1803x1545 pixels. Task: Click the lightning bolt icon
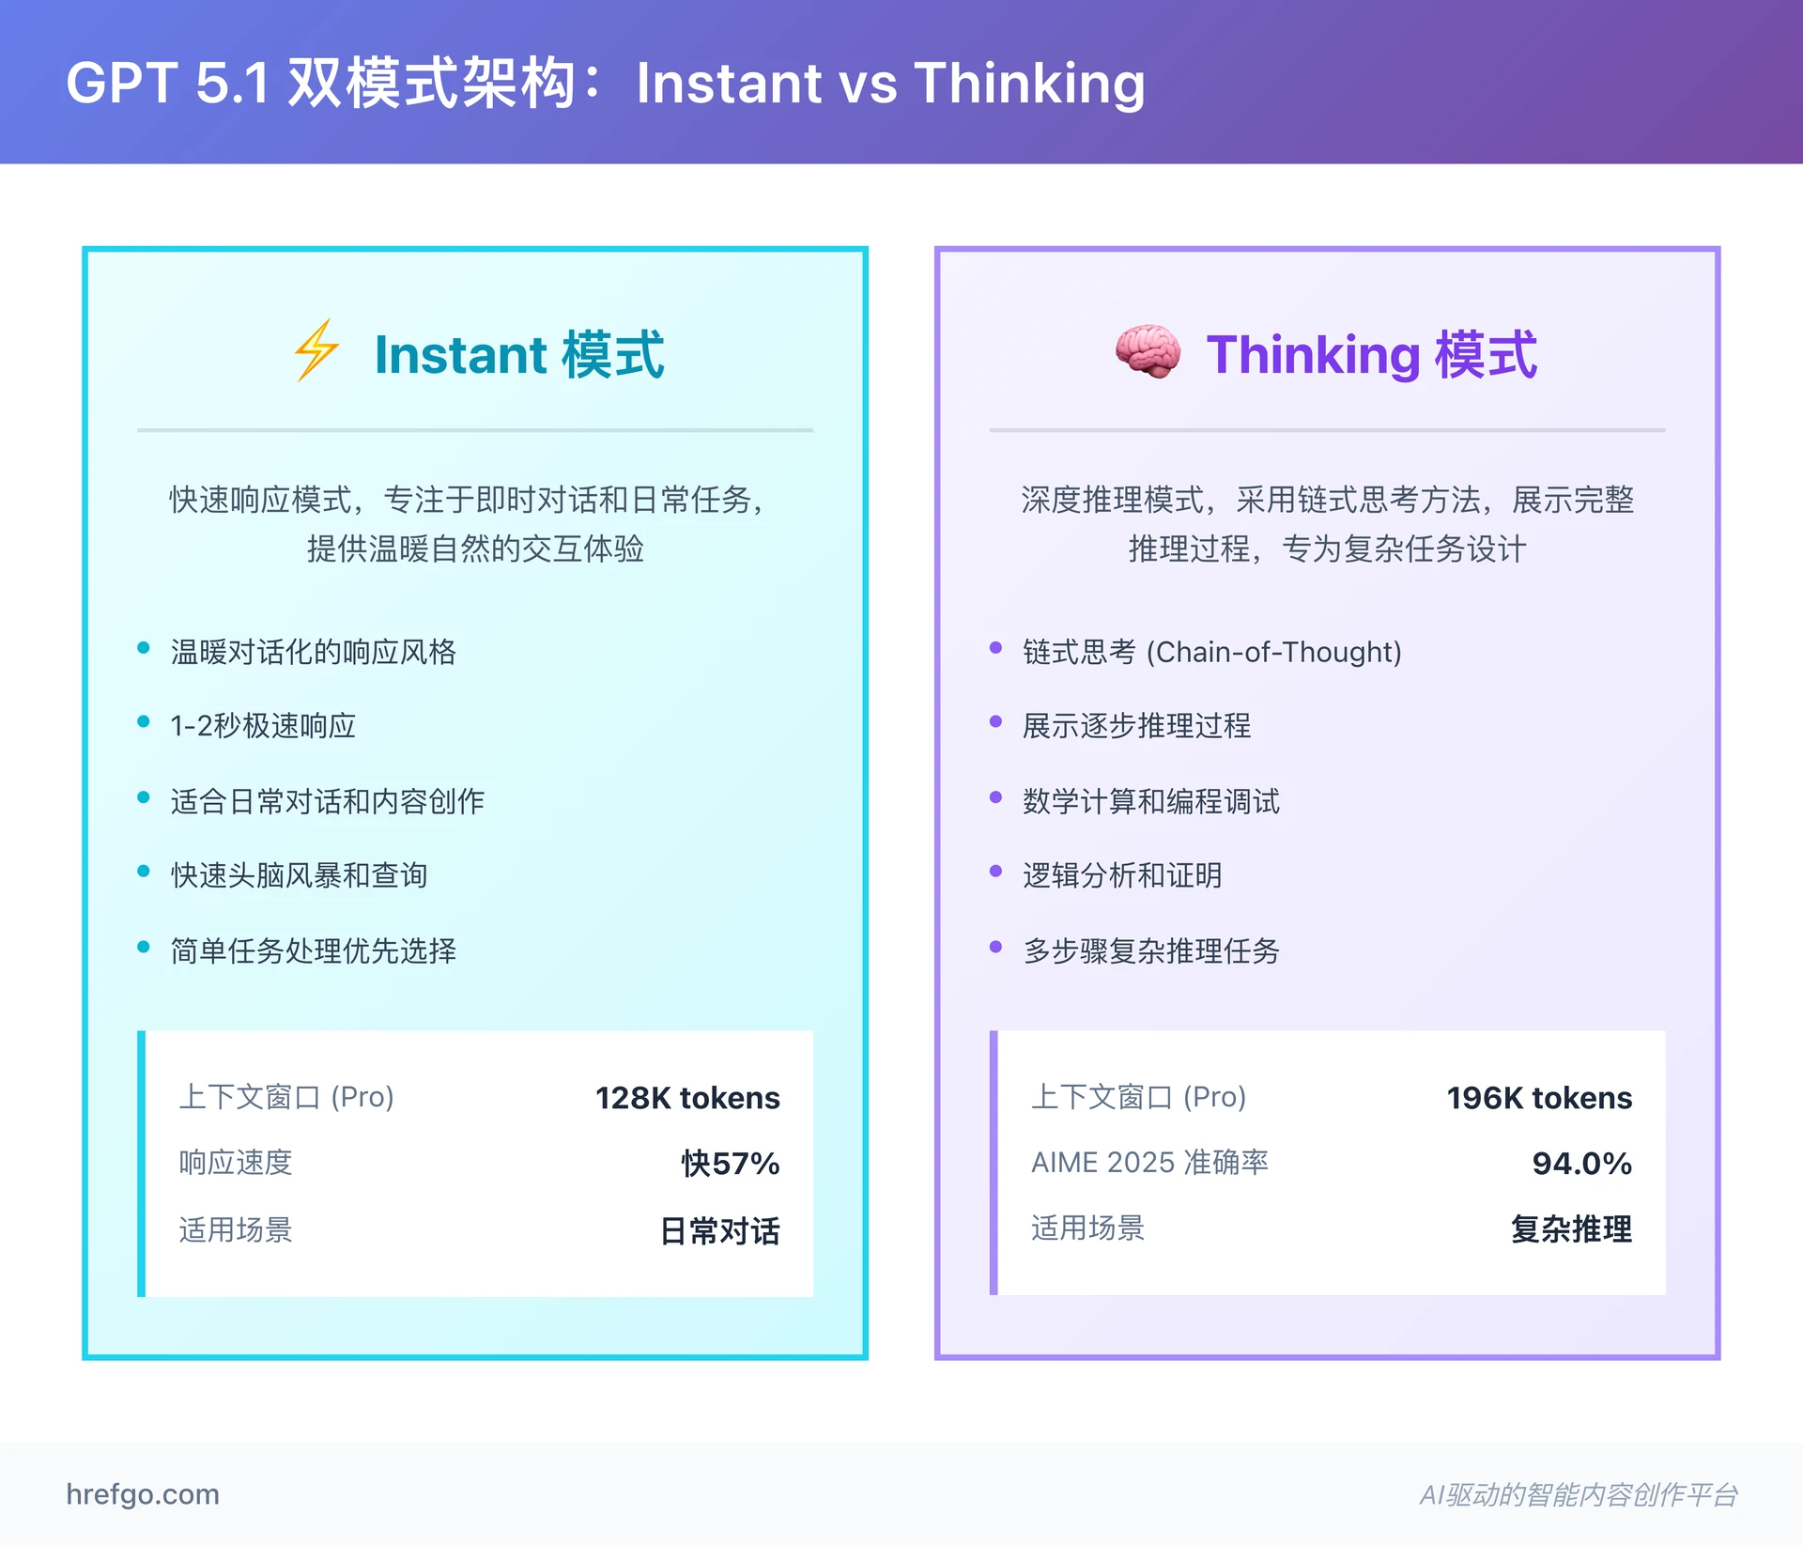click(x=316, y=350)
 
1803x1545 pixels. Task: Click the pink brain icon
click(x=1148, y=351)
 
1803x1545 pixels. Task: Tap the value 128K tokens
click(x=687, y=1097)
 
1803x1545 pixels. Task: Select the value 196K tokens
click(x=1539, y=1097)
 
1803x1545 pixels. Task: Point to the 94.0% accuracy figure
click(x=1581, y=1163)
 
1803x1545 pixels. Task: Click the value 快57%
click(x=730, y=1163)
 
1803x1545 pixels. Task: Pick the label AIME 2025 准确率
click(x=1149, y=1163)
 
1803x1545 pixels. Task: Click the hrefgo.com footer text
click(x=143, y=1493)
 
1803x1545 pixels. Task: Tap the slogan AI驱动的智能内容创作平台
click(x=1578, y=1494)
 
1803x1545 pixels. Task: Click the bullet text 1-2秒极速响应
click(x=263, y=725)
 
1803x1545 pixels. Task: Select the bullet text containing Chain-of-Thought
click(x=1211, y=651)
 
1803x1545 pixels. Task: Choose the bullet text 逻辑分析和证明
click(x=1122, y=875)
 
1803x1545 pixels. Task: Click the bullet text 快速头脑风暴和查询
click(x=299, y=875)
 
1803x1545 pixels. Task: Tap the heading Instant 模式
click(x=519, y=354)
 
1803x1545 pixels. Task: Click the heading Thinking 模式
click(x=1371, y=354)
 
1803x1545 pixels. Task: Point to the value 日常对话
click(x=719, y=1230)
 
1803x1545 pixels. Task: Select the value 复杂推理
click(x=1571, y=1228)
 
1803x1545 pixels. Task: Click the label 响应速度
click(x=236, y=1163)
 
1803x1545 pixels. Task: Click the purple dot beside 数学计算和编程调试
click(x=996, y=797)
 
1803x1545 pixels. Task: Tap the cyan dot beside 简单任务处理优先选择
click(x=144, y=947)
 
